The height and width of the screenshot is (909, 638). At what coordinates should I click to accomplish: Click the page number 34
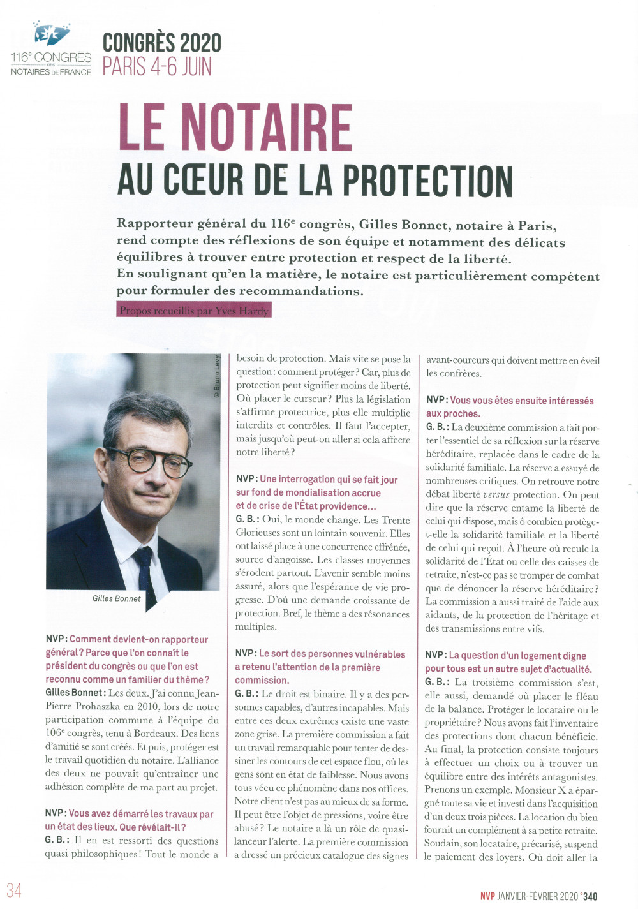(14, 891)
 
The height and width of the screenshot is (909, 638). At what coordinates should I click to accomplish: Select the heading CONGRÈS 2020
(162, 43)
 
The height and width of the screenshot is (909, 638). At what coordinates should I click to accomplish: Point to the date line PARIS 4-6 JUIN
(157, 66)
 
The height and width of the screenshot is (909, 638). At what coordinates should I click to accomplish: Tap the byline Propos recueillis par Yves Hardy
(194, 311)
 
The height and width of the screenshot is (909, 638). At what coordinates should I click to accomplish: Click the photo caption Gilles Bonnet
(116, 598)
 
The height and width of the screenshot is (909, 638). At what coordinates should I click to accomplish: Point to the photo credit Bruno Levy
(217, 376)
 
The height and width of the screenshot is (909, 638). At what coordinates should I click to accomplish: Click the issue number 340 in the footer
(590, 896)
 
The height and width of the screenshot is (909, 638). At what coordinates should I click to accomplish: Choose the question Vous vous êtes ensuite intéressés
(510, 407)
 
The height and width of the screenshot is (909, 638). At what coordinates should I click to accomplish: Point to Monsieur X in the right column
(540, 790)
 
